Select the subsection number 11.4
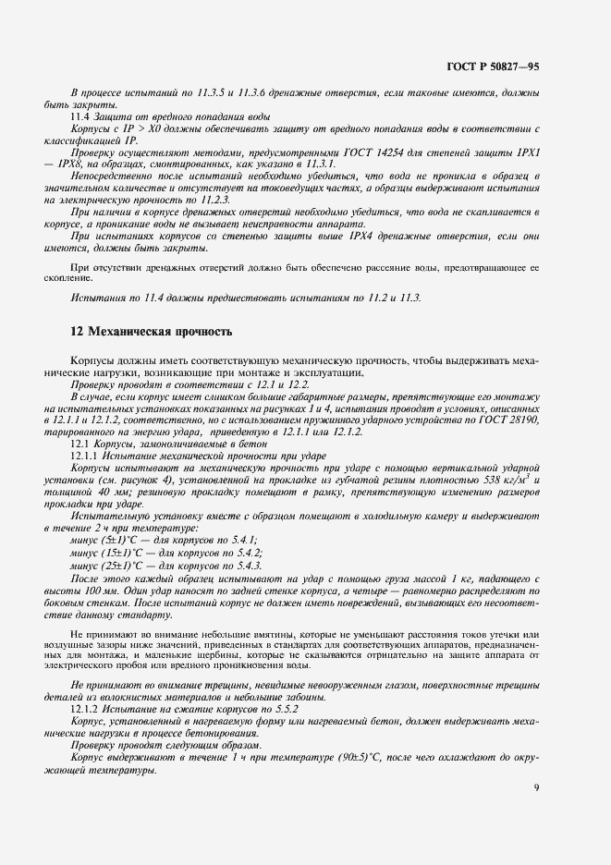[x=80, y=118]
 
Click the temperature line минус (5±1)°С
[x=107, y=539]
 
